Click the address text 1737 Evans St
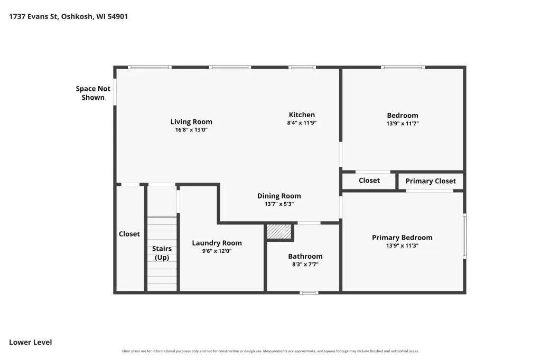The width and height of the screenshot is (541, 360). click(x=33, y=16)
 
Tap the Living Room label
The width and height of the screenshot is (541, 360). click(x=191, y=122)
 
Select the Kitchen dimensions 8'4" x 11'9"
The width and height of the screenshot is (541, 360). click(x=302, y=123)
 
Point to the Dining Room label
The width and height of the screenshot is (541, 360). click(x=279, y=196)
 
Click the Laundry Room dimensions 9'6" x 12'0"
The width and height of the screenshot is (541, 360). click(x=217, y=251)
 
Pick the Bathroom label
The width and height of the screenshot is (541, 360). click(x=305, y=256)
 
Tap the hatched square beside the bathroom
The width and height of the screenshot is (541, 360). click(x=279, y=231)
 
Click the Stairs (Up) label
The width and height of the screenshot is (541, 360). click(x=162, y=253)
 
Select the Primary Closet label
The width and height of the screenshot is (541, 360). click(x=431, y=181)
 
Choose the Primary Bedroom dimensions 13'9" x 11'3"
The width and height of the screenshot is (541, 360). click(x=402, y=245)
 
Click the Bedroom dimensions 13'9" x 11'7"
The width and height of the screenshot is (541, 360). click(x=403, y=124)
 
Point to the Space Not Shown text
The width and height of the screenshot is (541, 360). click(x=93, y=93)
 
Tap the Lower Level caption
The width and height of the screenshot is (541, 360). click(x=30, y=343)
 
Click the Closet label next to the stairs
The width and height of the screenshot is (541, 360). click(x=129, y=234)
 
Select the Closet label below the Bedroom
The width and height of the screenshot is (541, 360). click(x=369, y=181)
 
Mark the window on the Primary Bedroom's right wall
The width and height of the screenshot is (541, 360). click(x=464, y=236)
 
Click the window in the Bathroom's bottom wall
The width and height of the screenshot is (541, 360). click(x=309, y=293)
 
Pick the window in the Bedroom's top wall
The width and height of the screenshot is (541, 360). click(x=403, y=67)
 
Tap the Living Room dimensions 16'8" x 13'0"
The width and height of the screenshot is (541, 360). click(x=191, y=130)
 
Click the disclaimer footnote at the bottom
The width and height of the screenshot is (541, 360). click(x=270, y=351)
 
